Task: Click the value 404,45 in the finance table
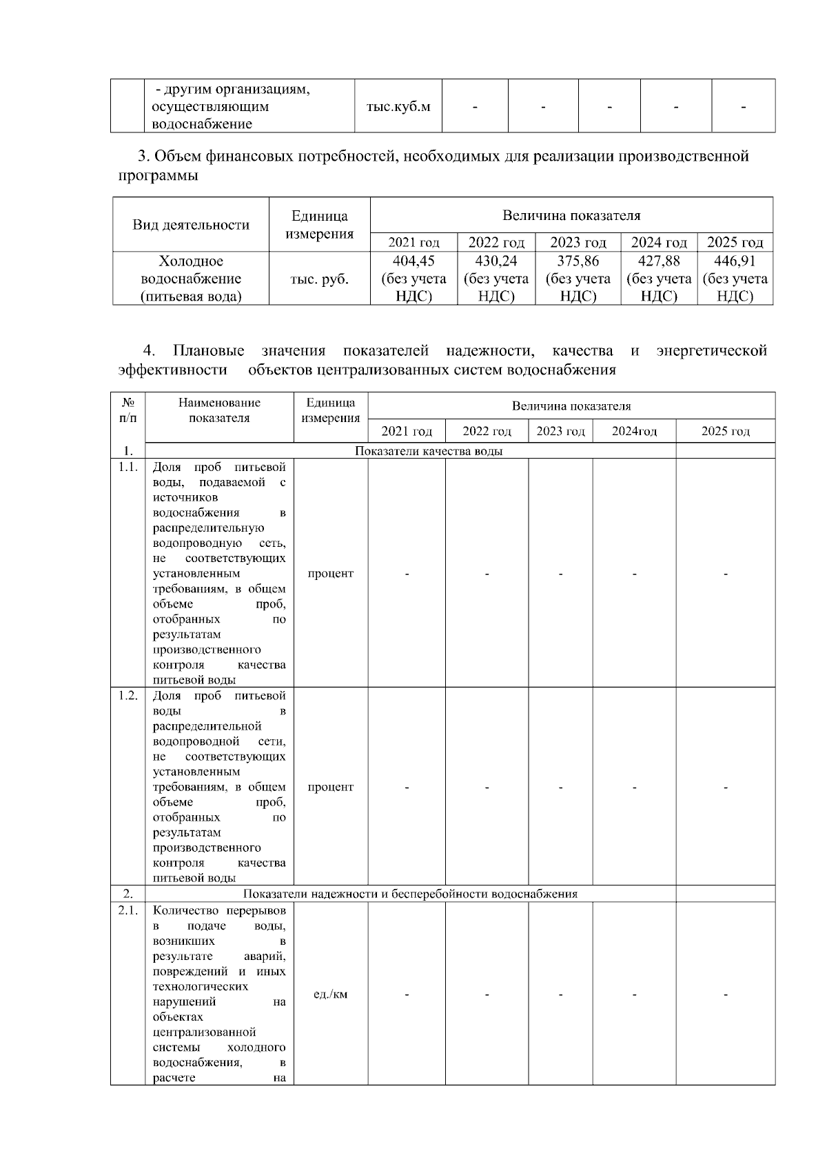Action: pyautogui.click(x=413, y=261)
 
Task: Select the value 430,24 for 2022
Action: pyautogui.click(x=496, y=261)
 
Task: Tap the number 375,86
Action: pyautogui.click(x=578, y=261)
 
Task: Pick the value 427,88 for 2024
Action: pyautogui.click(x=659, y=261)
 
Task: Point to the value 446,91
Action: pyautogui.click(x=735, y=261)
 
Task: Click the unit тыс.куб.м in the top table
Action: pyautogui.click(x=398, y=107)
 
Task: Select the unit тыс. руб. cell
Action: pyautogui.click(x=319, y=279)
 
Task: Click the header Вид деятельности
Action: pyautogui.click(x=191, y=225)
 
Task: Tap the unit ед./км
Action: pyautogui.click(x=330, y=994)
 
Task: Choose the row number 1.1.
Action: pyautogui.click(x=127, y=467)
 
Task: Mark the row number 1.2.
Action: pyautogui.click(x=127, y=695)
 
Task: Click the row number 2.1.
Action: pyautogui.click(x=127, y=910)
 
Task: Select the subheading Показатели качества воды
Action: pyautogui.click(x=429, y=451)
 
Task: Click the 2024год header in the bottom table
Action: pyautogui.click(x=634, y=432)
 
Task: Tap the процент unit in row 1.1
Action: pyautogui.click(x=330, y=574)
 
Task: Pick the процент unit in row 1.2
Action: pyautogui.click(x=330, y=788)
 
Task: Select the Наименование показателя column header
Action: pyautogui.click(x=219, y=410)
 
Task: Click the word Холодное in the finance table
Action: pyautogui.click(x=191, y=261)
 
